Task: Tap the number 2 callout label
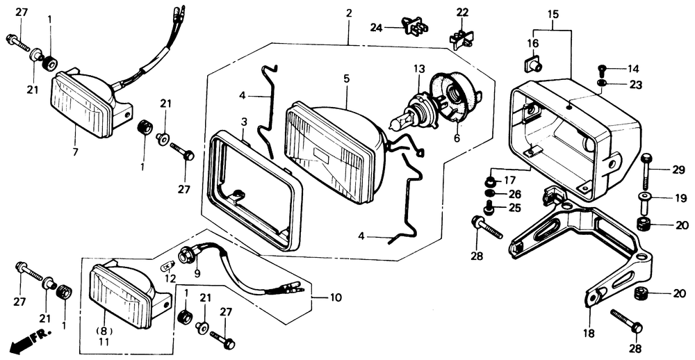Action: tap(349, 13)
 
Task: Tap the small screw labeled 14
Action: tap(603, 69)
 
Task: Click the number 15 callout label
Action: tap(553, 13)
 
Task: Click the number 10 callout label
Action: tap(336, 297)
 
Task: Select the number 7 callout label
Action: tap(74, 151)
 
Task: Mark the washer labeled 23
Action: tap(602, 84)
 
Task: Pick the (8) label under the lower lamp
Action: tap(103, 332)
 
